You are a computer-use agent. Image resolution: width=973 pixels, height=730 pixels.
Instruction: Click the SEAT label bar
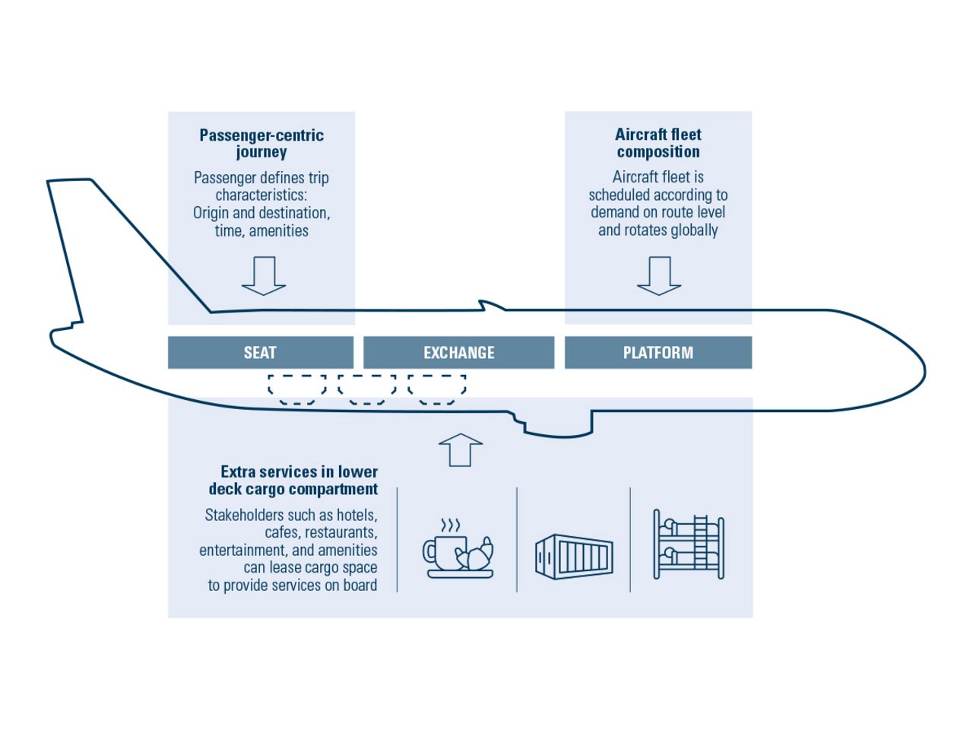pos(261,353)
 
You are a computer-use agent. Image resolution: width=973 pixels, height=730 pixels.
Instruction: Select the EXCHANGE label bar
pos(458,353)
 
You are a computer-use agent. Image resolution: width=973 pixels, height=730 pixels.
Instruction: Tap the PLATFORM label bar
pos(658,353)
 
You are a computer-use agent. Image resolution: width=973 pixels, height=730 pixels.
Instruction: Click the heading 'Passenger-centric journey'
pos(261,143)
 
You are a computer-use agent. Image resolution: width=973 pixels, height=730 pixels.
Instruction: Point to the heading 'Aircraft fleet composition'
pos(658,143)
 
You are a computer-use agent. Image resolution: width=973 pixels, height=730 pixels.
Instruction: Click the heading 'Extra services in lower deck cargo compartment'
pos(293,481)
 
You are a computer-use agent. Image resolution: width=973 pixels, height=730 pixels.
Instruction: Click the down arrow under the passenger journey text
pos(264,276)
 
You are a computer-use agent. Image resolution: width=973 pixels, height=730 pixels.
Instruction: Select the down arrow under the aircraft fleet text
pos(659,276)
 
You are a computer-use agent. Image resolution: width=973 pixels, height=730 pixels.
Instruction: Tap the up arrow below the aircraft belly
pos(461,449)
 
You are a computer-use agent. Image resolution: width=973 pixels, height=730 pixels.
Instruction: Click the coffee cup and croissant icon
pos(458,549)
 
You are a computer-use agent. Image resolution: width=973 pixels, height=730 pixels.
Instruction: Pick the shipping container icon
pos(574,556)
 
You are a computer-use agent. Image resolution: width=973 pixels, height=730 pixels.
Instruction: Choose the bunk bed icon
pos(689,545)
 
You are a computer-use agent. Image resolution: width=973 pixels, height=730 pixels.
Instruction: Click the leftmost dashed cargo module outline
pos(296,389)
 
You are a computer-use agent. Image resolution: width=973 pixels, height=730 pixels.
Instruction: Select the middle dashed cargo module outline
pos(366,389)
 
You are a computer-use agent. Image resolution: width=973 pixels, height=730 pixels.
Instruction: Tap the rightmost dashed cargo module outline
pos(436,389)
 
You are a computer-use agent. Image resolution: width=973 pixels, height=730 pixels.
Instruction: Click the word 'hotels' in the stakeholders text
pos(357,515)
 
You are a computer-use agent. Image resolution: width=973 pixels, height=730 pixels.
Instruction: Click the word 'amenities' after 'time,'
pos(279,230)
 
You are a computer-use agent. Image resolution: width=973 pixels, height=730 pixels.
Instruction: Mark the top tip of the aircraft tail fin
pos(69,180)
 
